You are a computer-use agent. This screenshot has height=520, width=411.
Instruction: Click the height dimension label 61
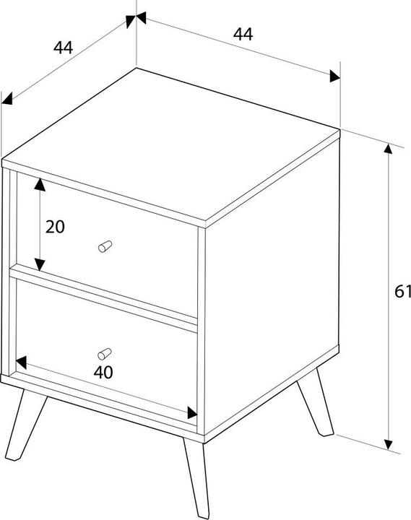click(x=403, y=292)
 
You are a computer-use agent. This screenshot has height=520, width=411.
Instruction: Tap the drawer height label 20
click(x=55, y=227)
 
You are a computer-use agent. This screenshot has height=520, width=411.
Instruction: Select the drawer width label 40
click(x=103, y=372)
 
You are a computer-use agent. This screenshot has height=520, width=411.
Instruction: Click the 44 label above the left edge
click(x=63, y=47)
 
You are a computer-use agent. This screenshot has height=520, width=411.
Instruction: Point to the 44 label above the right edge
click(x=243, y=34)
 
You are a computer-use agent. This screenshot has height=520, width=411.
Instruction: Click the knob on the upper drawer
click(x=105, y=246)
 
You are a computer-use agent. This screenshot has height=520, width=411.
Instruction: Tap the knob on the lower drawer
click(x=105, y=354)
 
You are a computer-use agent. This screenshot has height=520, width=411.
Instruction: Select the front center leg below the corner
click(x=196, y=477)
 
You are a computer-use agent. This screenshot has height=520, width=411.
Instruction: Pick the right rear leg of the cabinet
click(x=315, y=402)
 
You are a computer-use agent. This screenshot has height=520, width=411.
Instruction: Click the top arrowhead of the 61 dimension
click(x=388, y=149)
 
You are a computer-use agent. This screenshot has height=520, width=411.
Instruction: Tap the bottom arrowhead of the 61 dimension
click(x=388, y=445)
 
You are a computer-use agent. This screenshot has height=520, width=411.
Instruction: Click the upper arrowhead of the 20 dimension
click(x=40, y=184)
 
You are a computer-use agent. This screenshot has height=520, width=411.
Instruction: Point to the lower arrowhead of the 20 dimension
click(x=40, y=265)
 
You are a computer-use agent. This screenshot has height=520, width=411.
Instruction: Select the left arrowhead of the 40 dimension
click(x=21, y=363)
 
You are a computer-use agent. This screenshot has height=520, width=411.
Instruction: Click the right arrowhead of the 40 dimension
click(x=192, y=413)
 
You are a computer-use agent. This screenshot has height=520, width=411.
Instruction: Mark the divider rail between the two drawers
click(x=103, y=298)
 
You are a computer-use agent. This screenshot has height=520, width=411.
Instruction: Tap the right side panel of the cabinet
click(x=272, y=285)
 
